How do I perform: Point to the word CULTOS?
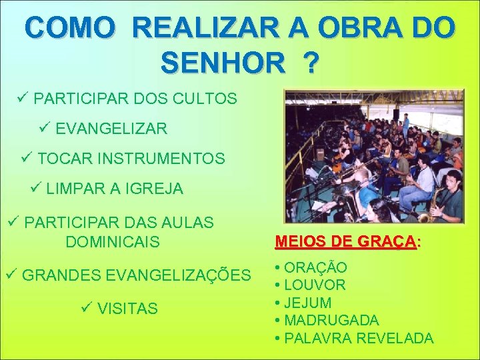[x=206, y=99]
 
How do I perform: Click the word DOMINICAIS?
[x=113, y=241]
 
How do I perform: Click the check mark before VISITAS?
[x=85, y=308]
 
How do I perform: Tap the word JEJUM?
[x=308, y=303]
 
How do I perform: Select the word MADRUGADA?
[x=331, y=321]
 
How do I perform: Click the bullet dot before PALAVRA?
[x=277, y=339]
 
